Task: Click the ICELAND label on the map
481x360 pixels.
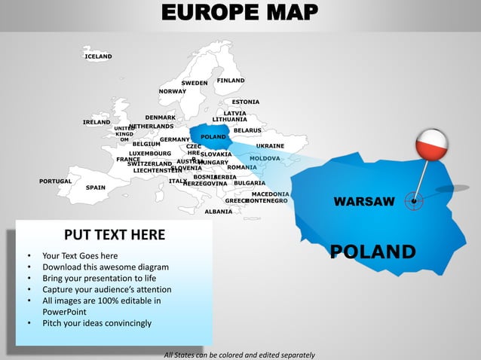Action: [x=98, y=56]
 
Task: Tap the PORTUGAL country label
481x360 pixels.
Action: [x=55, y=181]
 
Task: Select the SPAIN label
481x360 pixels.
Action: [x=96, y=188]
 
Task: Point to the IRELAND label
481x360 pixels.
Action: [x=97, y=122]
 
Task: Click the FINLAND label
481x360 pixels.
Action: [x=231, y=81]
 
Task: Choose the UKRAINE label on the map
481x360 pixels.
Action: [x=270, y=145]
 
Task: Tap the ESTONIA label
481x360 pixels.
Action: [x=246, y=102]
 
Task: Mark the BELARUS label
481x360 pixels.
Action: [x=247, y=130]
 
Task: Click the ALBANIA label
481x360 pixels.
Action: [x=219, y=212]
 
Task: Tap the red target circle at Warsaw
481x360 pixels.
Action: [x=414, y=200]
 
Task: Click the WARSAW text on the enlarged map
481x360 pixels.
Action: [x=364, y=201]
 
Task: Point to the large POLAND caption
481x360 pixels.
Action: [x=372, y=252]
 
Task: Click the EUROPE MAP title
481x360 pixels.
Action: [x=240, y=13]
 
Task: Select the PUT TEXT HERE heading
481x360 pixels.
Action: [x=114, y=235]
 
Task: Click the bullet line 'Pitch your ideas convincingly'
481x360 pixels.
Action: [x=97, y=323]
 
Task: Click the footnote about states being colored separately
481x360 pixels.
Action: [x=239, y=355]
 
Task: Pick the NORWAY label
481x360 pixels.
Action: [x=172, y=91]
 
